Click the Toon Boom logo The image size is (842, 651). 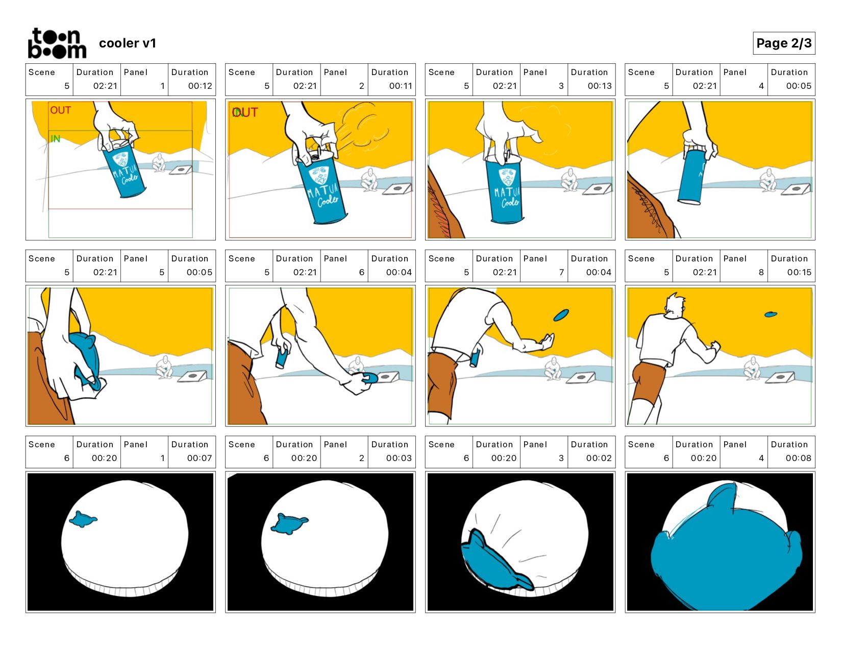pyautogui.click(x=57, y=43)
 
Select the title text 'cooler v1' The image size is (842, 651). pyautogui.click(x=128, y=43)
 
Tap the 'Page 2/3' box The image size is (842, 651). pyautogui.click(x=783, y=43)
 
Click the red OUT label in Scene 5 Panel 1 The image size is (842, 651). pyautogui.click(x=60, y=110)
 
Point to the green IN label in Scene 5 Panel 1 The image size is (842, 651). pyautogui.click(x=56, y=138)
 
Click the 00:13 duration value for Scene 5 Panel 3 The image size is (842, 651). pyautogui.click(x=600, y=86)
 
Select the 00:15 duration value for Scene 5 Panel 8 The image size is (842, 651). pyautogui.click(x=799, y=272)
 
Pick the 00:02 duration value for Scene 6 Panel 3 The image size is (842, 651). pyautogui.click(x=599, y=458)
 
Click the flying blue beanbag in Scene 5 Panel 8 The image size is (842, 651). pyautogui.click(x=771, y=315)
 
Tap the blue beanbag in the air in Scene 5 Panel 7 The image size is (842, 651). pyautogui.click(x=561, y=315)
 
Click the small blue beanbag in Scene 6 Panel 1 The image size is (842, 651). pyautogui.click(x=83, y=519)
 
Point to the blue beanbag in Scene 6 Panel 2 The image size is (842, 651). pyautogui.click(x=289, y=524)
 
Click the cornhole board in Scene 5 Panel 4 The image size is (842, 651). pyautogui.click(x=796, y=189)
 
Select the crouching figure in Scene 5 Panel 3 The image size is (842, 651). pyautogui.click(x=569, y=180)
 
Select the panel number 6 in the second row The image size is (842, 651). pyautogui.click(x=361, y=272)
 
